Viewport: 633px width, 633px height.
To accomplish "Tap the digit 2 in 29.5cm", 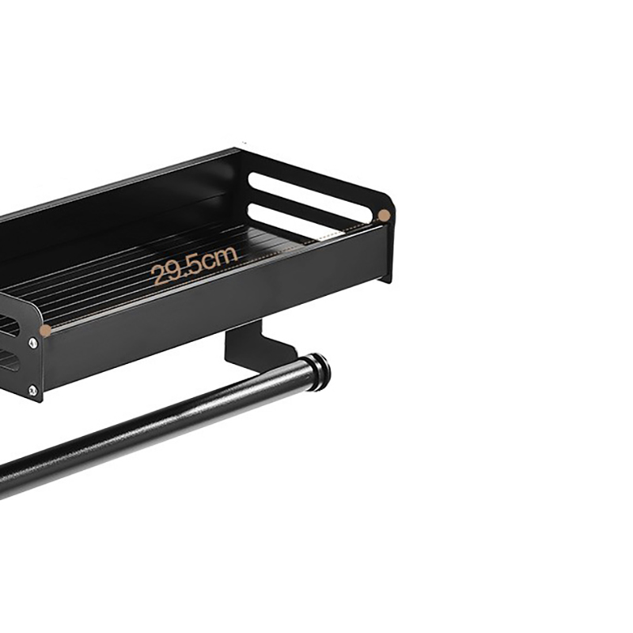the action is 159,275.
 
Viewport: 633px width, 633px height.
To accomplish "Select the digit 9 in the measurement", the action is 176,270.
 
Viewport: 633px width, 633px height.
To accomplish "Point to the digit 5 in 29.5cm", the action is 195,265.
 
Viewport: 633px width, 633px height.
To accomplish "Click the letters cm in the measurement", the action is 220,259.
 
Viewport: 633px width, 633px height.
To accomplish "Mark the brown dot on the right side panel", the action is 385,215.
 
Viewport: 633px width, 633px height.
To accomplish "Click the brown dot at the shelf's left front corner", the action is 47,331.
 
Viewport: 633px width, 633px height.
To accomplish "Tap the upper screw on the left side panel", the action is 33,343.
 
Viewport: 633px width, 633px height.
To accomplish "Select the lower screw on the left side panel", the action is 32,390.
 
